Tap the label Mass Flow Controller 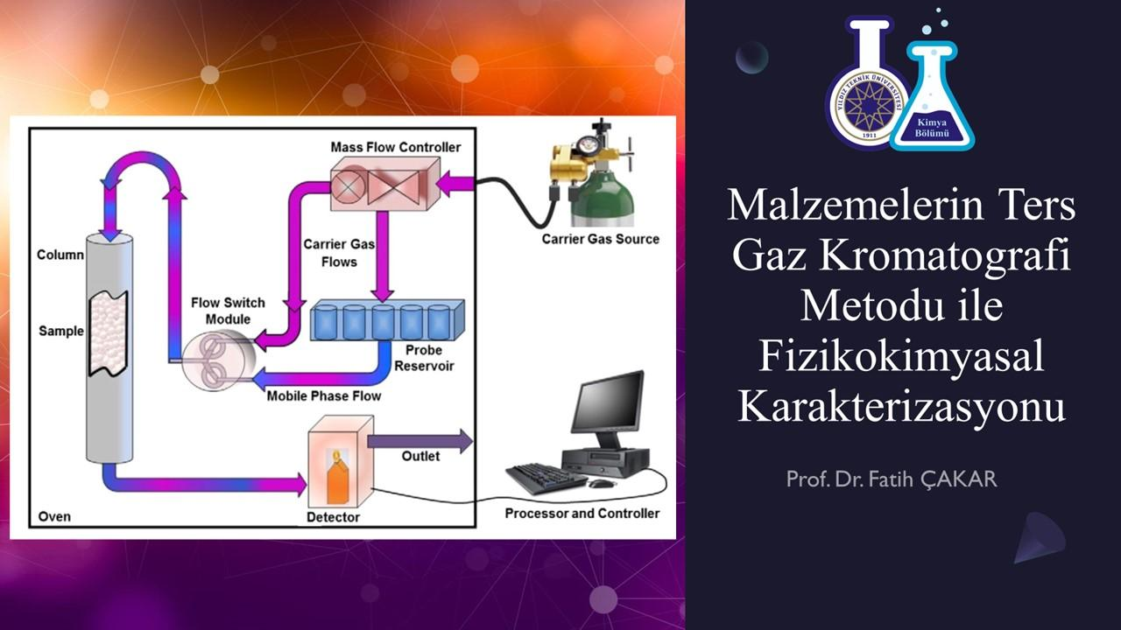tap(395, 147)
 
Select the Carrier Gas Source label tap(600, 239)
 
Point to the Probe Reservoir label tap(424, 358)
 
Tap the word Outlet tap(420, 457)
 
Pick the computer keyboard tap(545, 478)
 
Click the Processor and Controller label tap(582, 514)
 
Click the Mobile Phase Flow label tap(324, 395)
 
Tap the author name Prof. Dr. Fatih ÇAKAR tap(891, 479)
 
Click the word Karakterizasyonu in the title tap(902, 406)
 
